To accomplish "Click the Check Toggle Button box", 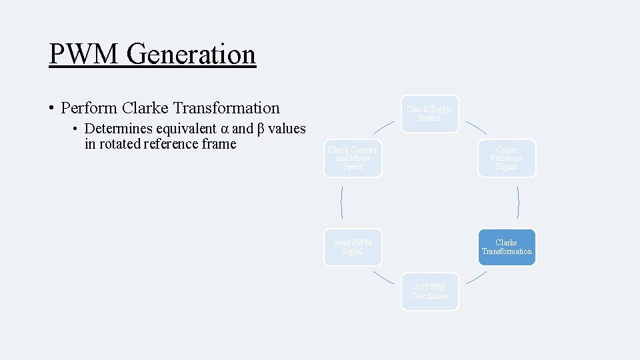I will coord(429,113).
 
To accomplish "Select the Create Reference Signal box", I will coord(506,158).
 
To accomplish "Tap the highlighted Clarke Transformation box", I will coord(506,247).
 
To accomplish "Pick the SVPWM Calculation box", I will coord(429,291).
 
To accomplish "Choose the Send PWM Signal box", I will coord(353,247).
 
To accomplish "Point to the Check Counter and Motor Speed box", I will coord(353,158).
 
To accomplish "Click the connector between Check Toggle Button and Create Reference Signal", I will coord(476,127).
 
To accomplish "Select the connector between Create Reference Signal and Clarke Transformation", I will coord(518,203).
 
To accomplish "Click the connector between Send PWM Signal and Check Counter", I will coord(342,203).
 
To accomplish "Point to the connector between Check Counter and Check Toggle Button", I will coord(383,127).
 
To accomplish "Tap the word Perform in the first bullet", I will coord(89,108).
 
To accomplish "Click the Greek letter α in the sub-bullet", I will coord(225,129).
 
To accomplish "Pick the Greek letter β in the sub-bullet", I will coord(261,129).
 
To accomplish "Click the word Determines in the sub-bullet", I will coord(118,129).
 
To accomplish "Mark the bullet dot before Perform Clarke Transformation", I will coord(51,108).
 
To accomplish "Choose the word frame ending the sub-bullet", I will coord(219,144).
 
